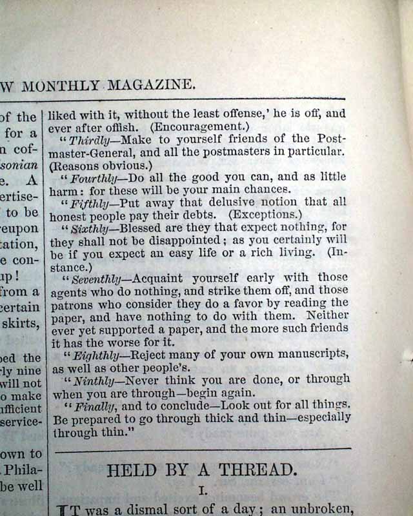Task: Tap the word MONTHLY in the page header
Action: [x=61, y=85]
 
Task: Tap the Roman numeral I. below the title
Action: [x=202, y=490]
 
